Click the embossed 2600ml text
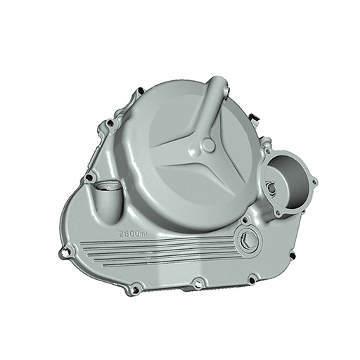133,233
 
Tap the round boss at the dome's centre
208,145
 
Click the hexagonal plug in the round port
247,240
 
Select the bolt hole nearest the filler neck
89,177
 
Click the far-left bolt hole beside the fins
65,252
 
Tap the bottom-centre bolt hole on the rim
198,284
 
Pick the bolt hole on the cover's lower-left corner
136,290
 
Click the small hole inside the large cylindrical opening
272,187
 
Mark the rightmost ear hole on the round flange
314,181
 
